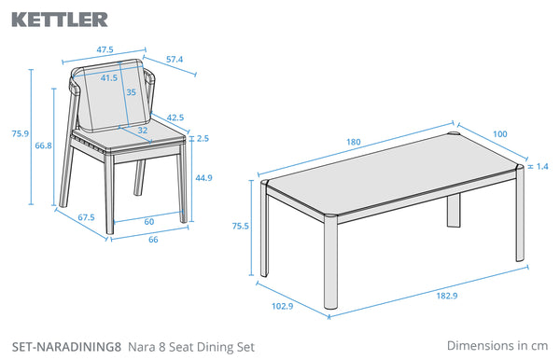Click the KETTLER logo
[x=60, y=20]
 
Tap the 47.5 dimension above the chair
[x=105, y=49]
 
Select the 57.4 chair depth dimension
[x=175, y=60]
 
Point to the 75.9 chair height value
[x=21, y=133]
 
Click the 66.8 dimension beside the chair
[x=43, y=145]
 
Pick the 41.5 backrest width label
[x=109, y=77]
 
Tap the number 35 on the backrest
[x=131, y=92]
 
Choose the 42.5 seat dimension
[x=175, y=118]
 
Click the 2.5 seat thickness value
[x=203, y=138]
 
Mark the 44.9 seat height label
[x=203, y=178]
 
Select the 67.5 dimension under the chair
[x=87, y=217]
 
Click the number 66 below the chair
[x=153, y=240]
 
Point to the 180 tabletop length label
[x=354, y=142]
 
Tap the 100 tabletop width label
[x=500, y=133]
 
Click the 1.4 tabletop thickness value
[x=542, y=166]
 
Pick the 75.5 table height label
[x=241, y=226]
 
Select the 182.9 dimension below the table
[x=447, y=296]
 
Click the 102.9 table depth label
[x=283, y=306]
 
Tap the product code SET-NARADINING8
[x=67, y=347]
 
